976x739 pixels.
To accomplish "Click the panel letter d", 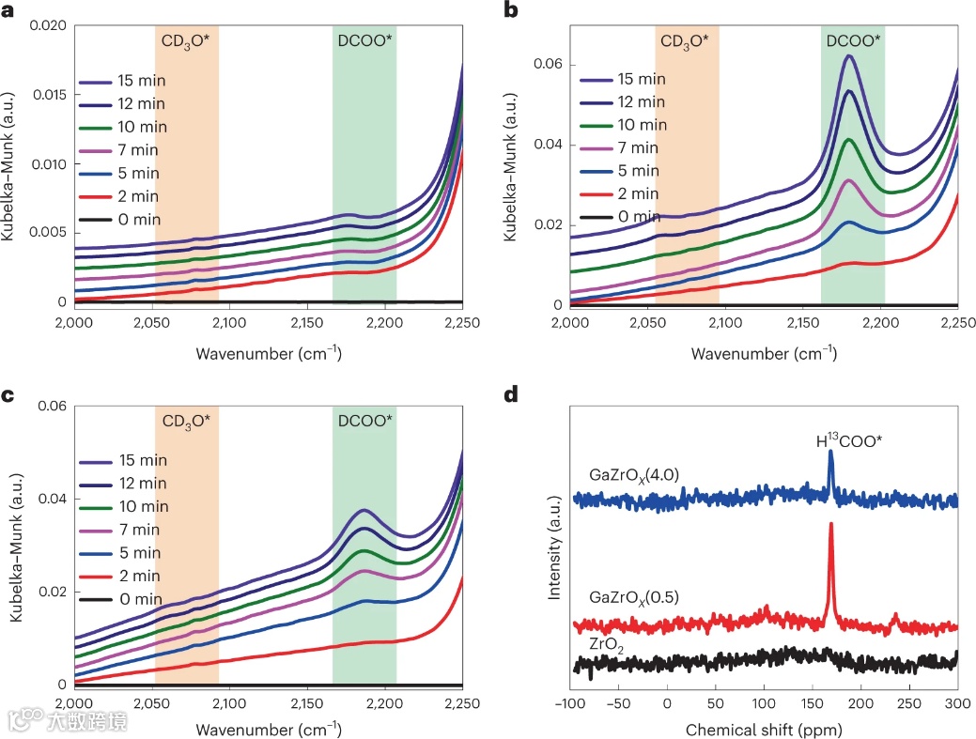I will (x=512, y=393).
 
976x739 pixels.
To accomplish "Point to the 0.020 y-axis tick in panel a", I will (x=48, y=25).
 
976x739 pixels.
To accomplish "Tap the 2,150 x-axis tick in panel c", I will (x=306, y=704).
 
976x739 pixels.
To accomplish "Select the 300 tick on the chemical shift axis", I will (x=956, y=704).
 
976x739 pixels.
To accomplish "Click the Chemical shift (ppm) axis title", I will (x=763, y=729).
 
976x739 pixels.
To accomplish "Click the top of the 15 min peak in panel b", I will (x=849, y=56).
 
